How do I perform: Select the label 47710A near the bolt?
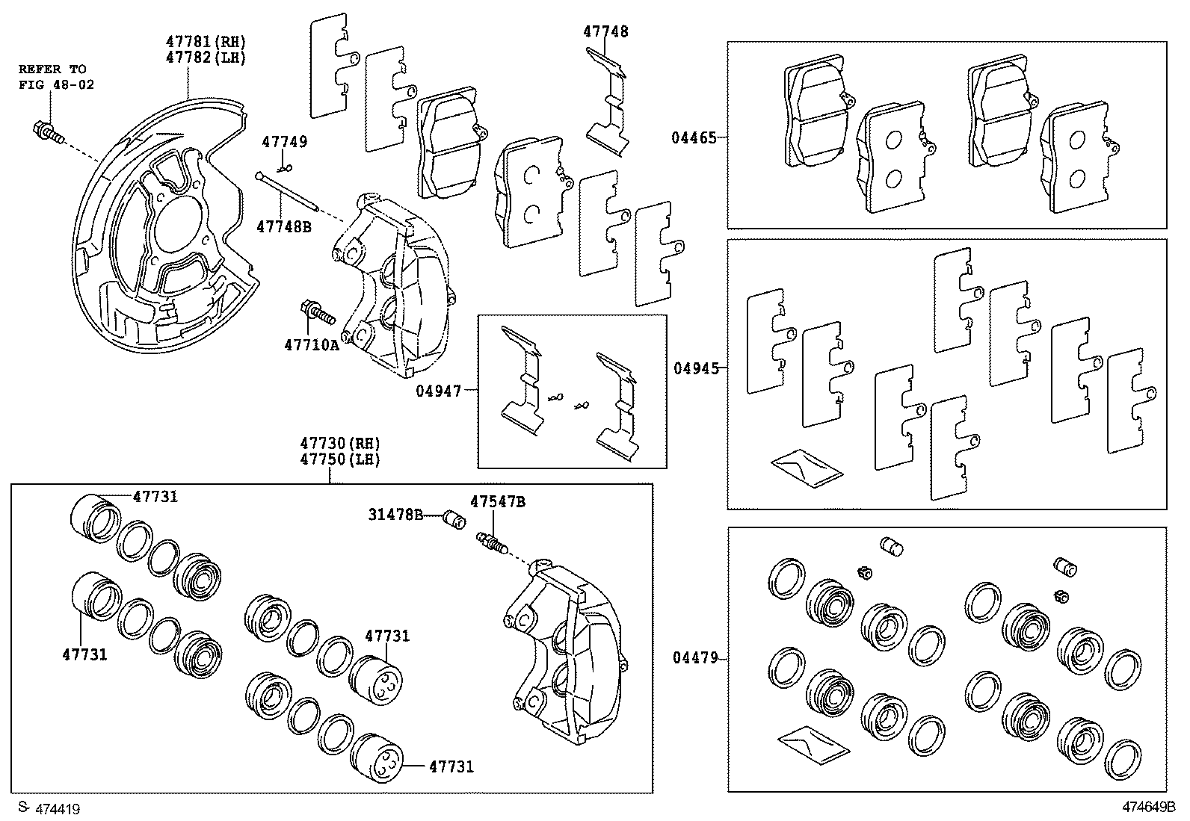[311, 344]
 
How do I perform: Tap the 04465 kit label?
[693, 137]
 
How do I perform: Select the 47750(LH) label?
[340, 459]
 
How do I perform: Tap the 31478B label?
[395, 515]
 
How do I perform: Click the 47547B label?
[497, 502]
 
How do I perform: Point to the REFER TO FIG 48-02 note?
[57, 77]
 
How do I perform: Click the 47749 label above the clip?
[284, 142]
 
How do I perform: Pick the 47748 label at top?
[605, 31]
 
